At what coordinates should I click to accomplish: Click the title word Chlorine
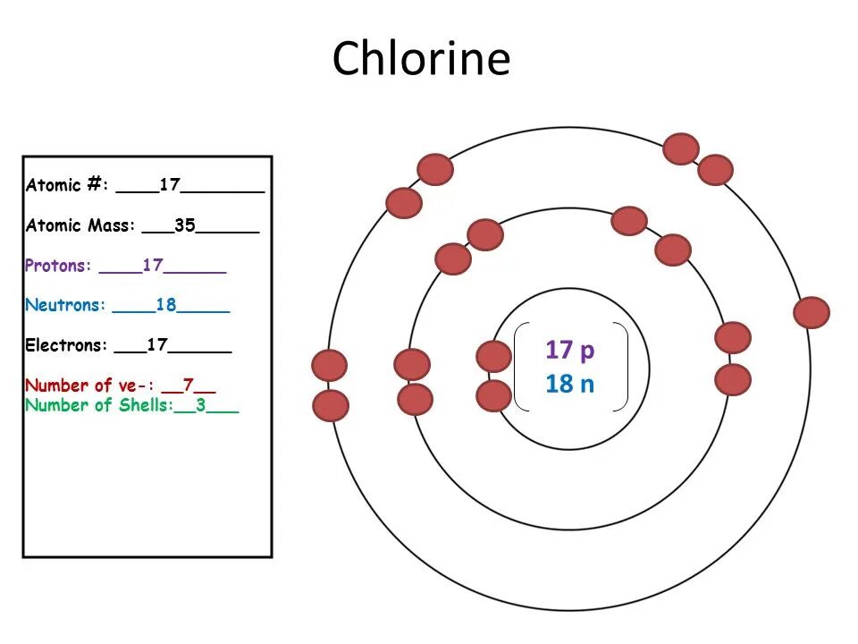pyautogui.click(x=421, y=59)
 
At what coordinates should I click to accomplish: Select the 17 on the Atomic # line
pyautogui.click(x=170, y=186)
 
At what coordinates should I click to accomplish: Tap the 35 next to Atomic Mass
pyautogui.click(x=185, y=225)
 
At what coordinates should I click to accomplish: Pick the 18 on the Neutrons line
pyautogui.click(x=166, y=305)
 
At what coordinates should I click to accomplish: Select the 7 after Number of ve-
pyautogui.click(x=189, y=386)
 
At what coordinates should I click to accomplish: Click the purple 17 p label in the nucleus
pyautogui.click(x=569, y=350)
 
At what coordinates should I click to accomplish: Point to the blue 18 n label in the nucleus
pyautogui.click(x=569, y=385)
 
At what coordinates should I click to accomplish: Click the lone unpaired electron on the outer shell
pyautogui.click(x=812, y=312)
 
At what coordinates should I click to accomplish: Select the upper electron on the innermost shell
pyautogui.click(x=493, y=356)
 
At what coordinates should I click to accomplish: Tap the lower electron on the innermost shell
pyautogui.click(x=493, y=395)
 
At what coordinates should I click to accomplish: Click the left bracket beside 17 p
pyautogui.click(x=520, y=367)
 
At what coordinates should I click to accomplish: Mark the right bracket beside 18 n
pyautogui.click(x=622, y=367)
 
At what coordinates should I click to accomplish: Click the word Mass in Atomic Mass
pyautogui.click(x=111, y=225)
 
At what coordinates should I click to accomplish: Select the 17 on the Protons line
pyautogui.click(x=152, y=266)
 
